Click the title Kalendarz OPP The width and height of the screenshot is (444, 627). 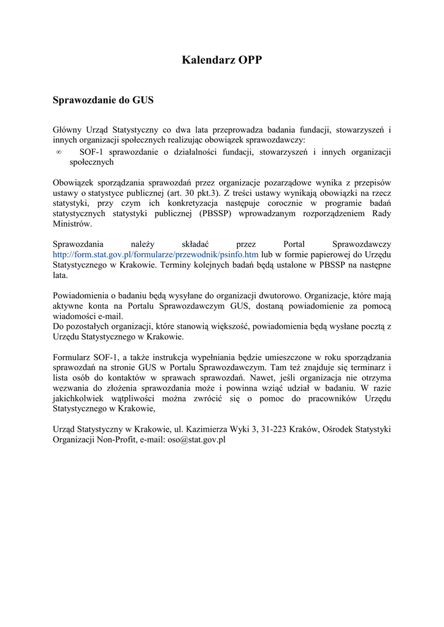[222, 59]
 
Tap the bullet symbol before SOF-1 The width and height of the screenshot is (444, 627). [59, 152]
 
